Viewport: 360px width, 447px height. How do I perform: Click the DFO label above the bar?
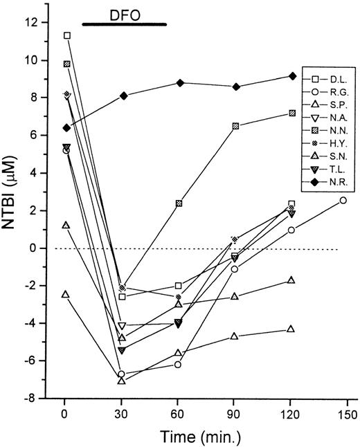click(x=124, y=12)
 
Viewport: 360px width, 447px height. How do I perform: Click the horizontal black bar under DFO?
click(x=124, y=24)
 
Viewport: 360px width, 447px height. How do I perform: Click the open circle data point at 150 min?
click(x=343, y=200)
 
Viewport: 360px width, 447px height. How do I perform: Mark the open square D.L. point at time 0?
click(x=66, y=35)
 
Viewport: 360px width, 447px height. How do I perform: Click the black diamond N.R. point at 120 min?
click(x=291, y=76)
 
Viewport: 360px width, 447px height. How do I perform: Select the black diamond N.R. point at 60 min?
click(x=180, y=83)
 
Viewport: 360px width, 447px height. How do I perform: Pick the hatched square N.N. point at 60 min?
click(x=179, y=203)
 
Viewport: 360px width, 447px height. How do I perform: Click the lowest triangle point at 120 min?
click(x=291, y=329)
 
